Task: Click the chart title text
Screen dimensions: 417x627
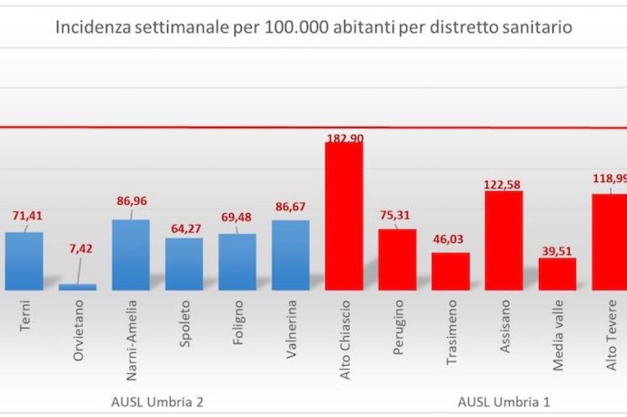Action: pyautogui.click(x=314, y=28)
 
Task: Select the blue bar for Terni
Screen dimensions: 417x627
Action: pyautogui.click(x=24, y=261)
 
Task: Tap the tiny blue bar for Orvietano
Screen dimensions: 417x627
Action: pyautogui.click(x=77, y=286)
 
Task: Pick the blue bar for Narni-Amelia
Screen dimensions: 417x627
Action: pyautogui.click(x=131, y=254)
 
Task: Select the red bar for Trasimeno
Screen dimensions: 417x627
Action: pyautogui.click(x=451, y=271)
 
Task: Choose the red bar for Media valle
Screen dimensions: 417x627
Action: pyautogui.click(x=557, y=274)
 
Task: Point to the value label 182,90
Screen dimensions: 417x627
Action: pyautogui.click(x=344, y=139)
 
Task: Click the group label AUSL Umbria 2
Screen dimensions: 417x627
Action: pyautogui.click(x=157, y=402)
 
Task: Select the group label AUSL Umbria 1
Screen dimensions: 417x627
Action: pyautogui.click(x=504, y=402)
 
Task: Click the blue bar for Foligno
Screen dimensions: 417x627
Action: pyautogui.click(x=238, y=262)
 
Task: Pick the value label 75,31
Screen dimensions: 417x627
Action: pyautogui.click(x=397, y=215)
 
